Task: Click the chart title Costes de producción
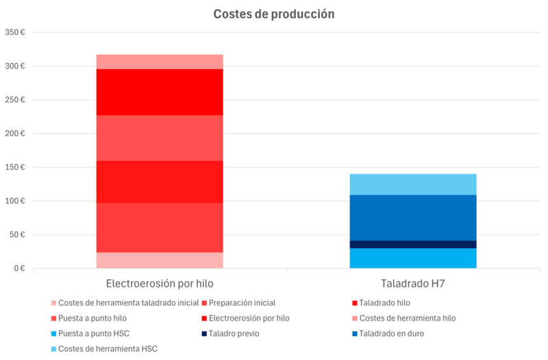[274, 14]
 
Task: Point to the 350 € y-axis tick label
[14, 33]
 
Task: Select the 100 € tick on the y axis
[14, 201]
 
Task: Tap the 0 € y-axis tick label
[18, 268]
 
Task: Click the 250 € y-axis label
[14, 100]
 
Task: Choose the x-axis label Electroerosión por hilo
[159, 283]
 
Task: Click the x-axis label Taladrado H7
[413, 283]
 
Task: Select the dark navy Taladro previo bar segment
[413, 244]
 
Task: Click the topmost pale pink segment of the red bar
[159, 62]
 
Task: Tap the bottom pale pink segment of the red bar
[159, 261]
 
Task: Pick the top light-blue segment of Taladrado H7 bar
[413, 184]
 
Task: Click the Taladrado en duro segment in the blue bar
[413, 218]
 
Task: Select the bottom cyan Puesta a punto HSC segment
[413, 258]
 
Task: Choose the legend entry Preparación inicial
[243, 303]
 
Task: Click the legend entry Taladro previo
[235, 334]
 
